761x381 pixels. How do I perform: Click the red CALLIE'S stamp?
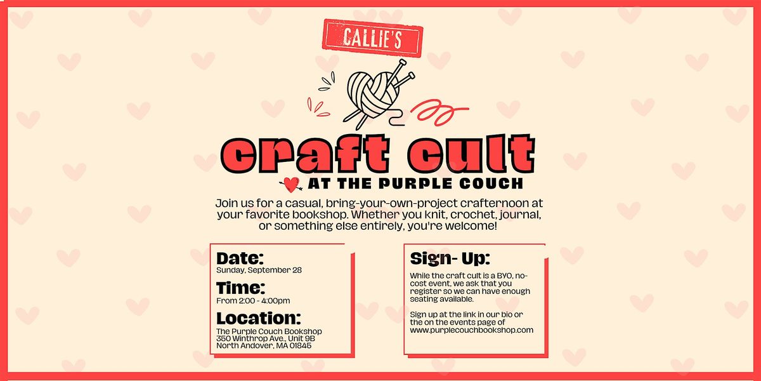tap(372, 37)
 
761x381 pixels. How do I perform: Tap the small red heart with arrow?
tap(291, 184)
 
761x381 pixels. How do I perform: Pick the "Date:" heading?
tap(240, 258)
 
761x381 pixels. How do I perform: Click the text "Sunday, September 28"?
tap(259, 270)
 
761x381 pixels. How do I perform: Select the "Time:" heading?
tap(240, 288)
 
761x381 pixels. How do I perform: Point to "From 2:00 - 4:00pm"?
tap(253, 300)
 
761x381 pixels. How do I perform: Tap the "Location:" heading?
tap(258, 317)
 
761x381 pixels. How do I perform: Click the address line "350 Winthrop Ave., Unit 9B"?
tap(266, 338)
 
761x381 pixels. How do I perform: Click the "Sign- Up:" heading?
tap(450, 258)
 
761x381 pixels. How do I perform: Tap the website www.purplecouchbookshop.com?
tap(472, 330)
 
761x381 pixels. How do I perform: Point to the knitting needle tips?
tap(399, 63)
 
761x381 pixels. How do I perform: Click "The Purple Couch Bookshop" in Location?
tap(269, 331)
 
